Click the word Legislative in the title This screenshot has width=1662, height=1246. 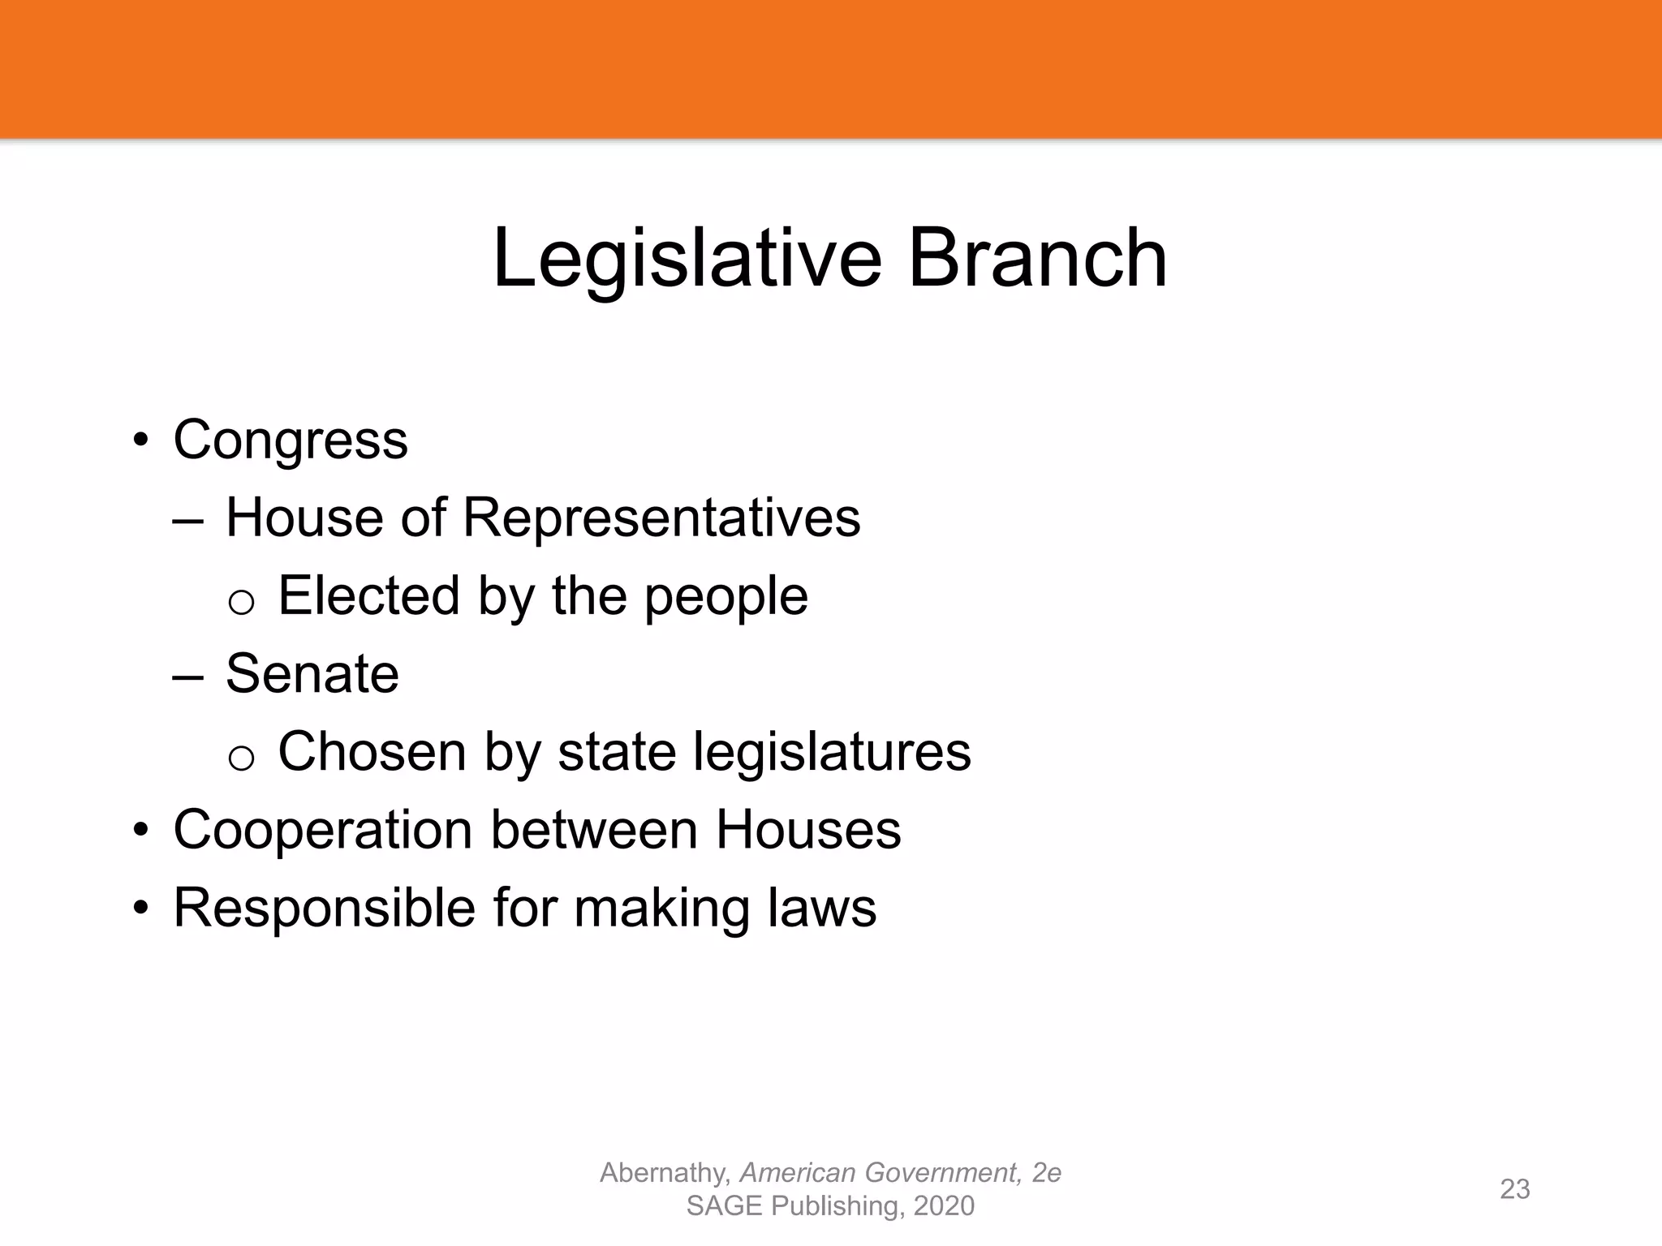(687, 259)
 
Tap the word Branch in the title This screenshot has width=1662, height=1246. (1037, 259)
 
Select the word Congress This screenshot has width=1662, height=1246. (290, 440)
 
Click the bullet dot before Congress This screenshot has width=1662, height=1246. (142, 440)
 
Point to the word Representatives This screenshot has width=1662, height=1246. (661, 517)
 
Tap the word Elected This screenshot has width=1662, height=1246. (368, 595)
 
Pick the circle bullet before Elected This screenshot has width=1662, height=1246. (241, 603)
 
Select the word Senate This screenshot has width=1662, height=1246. (312, 673)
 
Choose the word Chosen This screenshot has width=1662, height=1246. (372, 751)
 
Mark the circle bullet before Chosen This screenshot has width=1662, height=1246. (241, 758)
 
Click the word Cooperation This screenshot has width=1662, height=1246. (323, 831)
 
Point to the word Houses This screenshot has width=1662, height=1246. (807, 829)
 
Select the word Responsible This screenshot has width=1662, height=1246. (324, 908)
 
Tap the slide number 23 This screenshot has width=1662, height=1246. (1514, 1188)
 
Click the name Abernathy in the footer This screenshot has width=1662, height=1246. (665, 1173)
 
